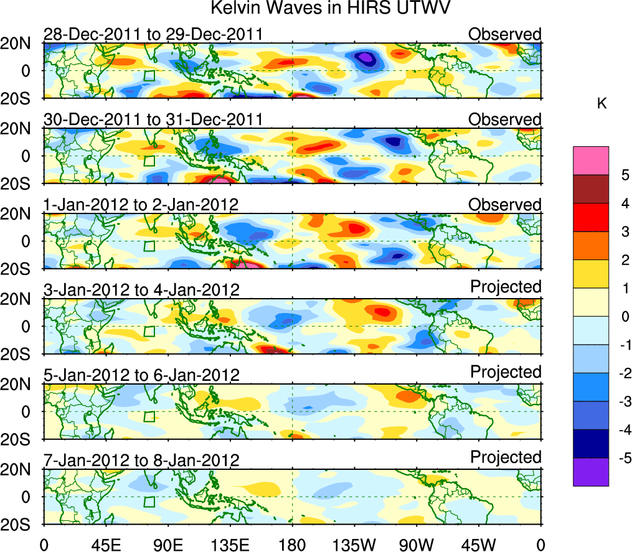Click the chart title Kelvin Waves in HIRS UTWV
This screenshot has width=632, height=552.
(329, 9)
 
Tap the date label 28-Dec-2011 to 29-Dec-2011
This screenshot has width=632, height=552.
(153, 34)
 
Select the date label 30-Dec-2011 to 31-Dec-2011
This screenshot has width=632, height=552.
(153, 119)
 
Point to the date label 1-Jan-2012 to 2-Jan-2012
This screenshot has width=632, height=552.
(141, 204)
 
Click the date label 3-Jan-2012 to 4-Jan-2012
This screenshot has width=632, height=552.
(141, 289)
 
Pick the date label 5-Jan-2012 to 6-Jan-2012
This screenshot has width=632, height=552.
(141, 375)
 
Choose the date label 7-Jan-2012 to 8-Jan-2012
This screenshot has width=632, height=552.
(141, 460)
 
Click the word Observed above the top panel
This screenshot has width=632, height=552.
(505, 34)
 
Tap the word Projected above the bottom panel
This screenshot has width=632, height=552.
(506, 457)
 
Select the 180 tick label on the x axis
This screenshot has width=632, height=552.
(292, 544)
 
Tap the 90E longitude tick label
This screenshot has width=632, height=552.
(167, 544)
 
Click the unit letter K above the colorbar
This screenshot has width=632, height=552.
(602, 104)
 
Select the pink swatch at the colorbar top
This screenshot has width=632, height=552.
(590, 161)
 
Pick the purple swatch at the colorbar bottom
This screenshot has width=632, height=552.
(590, 472)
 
